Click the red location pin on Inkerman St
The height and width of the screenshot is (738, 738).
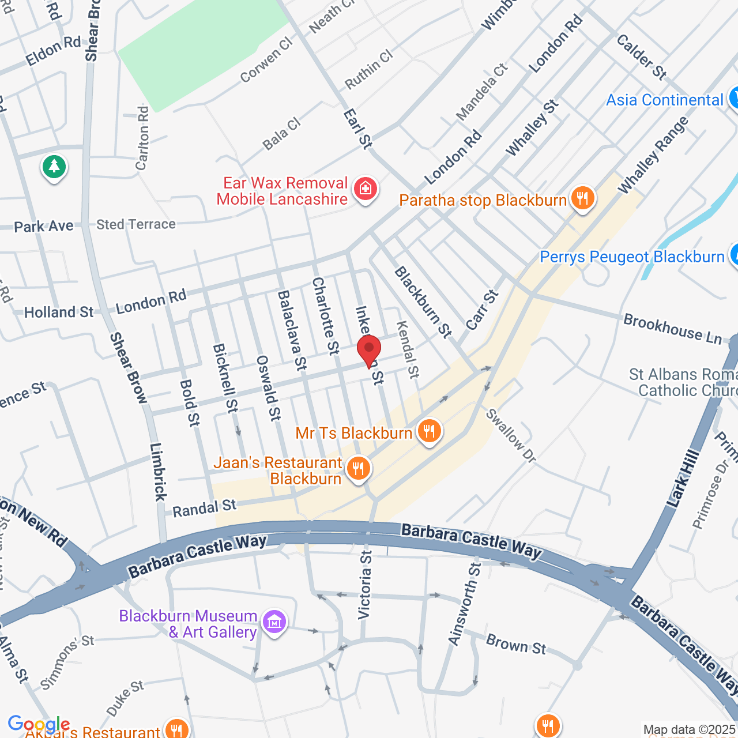coord(369,349)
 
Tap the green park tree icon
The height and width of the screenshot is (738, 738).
coord(54,167)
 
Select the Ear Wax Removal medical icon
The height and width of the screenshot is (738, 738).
coord(365,189)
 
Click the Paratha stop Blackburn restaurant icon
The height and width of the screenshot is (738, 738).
coord(582,199)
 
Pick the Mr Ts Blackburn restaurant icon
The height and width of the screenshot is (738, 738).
coord(429,431)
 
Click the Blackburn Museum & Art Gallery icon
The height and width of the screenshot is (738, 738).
coord(274,623)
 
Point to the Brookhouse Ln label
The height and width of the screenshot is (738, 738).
coord(672,329)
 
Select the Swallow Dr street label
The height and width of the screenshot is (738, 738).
coord(511,435)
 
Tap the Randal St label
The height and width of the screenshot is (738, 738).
coord(204,509)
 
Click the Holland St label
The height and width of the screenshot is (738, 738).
coord(58,312)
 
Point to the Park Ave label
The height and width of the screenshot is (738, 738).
coord(44,226)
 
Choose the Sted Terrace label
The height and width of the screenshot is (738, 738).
coord(136,224)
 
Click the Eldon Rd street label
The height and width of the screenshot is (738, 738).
coord(53,51)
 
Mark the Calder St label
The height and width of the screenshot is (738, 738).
coord(641,57)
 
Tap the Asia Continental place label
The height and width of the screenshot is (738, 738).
coord(664,100)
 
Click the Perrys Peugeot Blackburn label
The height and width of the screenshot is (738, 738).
coord(632,257)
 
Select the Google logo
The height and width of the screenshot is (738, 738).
coord(39,724)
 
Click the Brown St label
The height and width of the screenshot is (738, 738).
coord(515,643)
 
